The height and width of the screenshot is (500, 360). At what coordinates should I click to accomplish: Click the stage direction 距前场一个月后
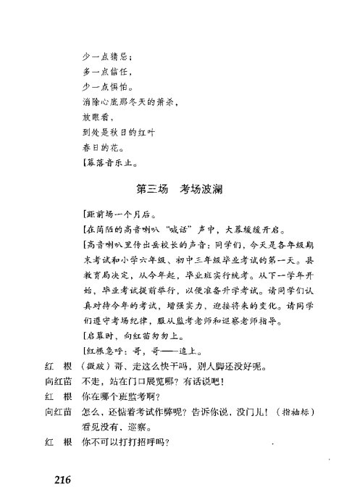click(x=120, y=216)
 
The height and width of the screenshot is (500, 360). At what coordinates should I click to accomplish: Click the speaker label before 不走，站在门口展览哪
click(x=59, y=380)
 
